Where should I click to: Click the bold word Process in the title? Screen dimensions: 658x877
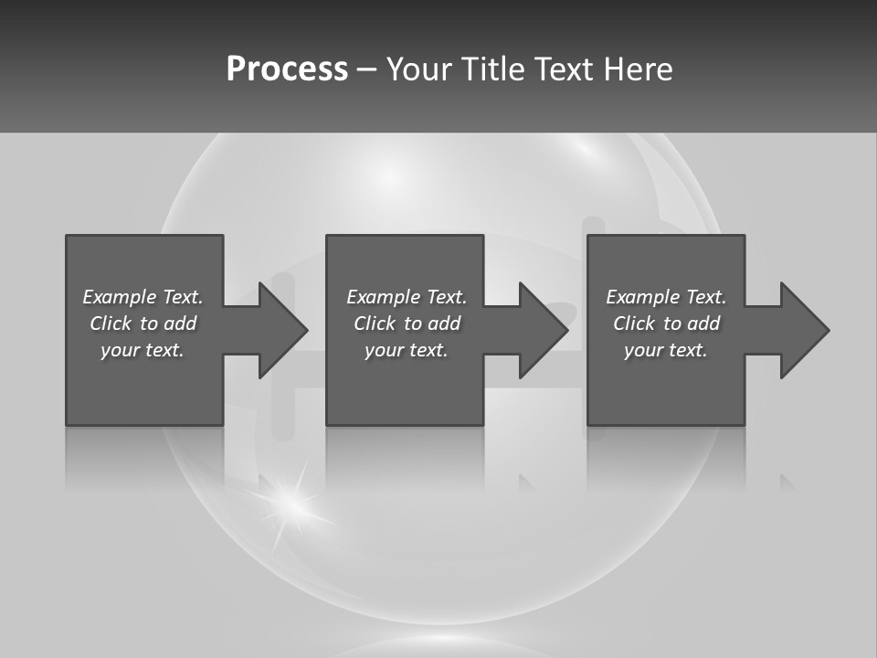click(287, 69)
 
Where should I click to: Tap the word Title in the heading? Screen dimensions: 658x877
click(494, 69)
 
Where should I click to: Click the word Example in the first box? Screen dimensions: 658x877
click(119, 297)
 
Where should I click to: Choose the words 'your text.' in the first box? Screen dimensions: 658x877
click(143, 350)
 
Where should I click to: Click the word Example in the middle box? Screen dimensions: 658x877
click(383, 297)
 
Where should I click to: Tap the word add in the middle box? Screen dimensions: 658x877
click(444, 324)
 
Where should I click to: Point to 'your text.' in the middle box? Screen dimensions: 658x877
click(407, 350)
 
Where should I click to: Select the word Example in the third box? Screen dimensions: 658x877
click(642, 297)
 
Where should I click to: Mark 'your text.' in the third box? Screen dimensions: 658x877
click(666, 350)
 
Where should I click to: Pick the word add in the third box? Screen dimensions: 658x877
click(703, 324)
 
